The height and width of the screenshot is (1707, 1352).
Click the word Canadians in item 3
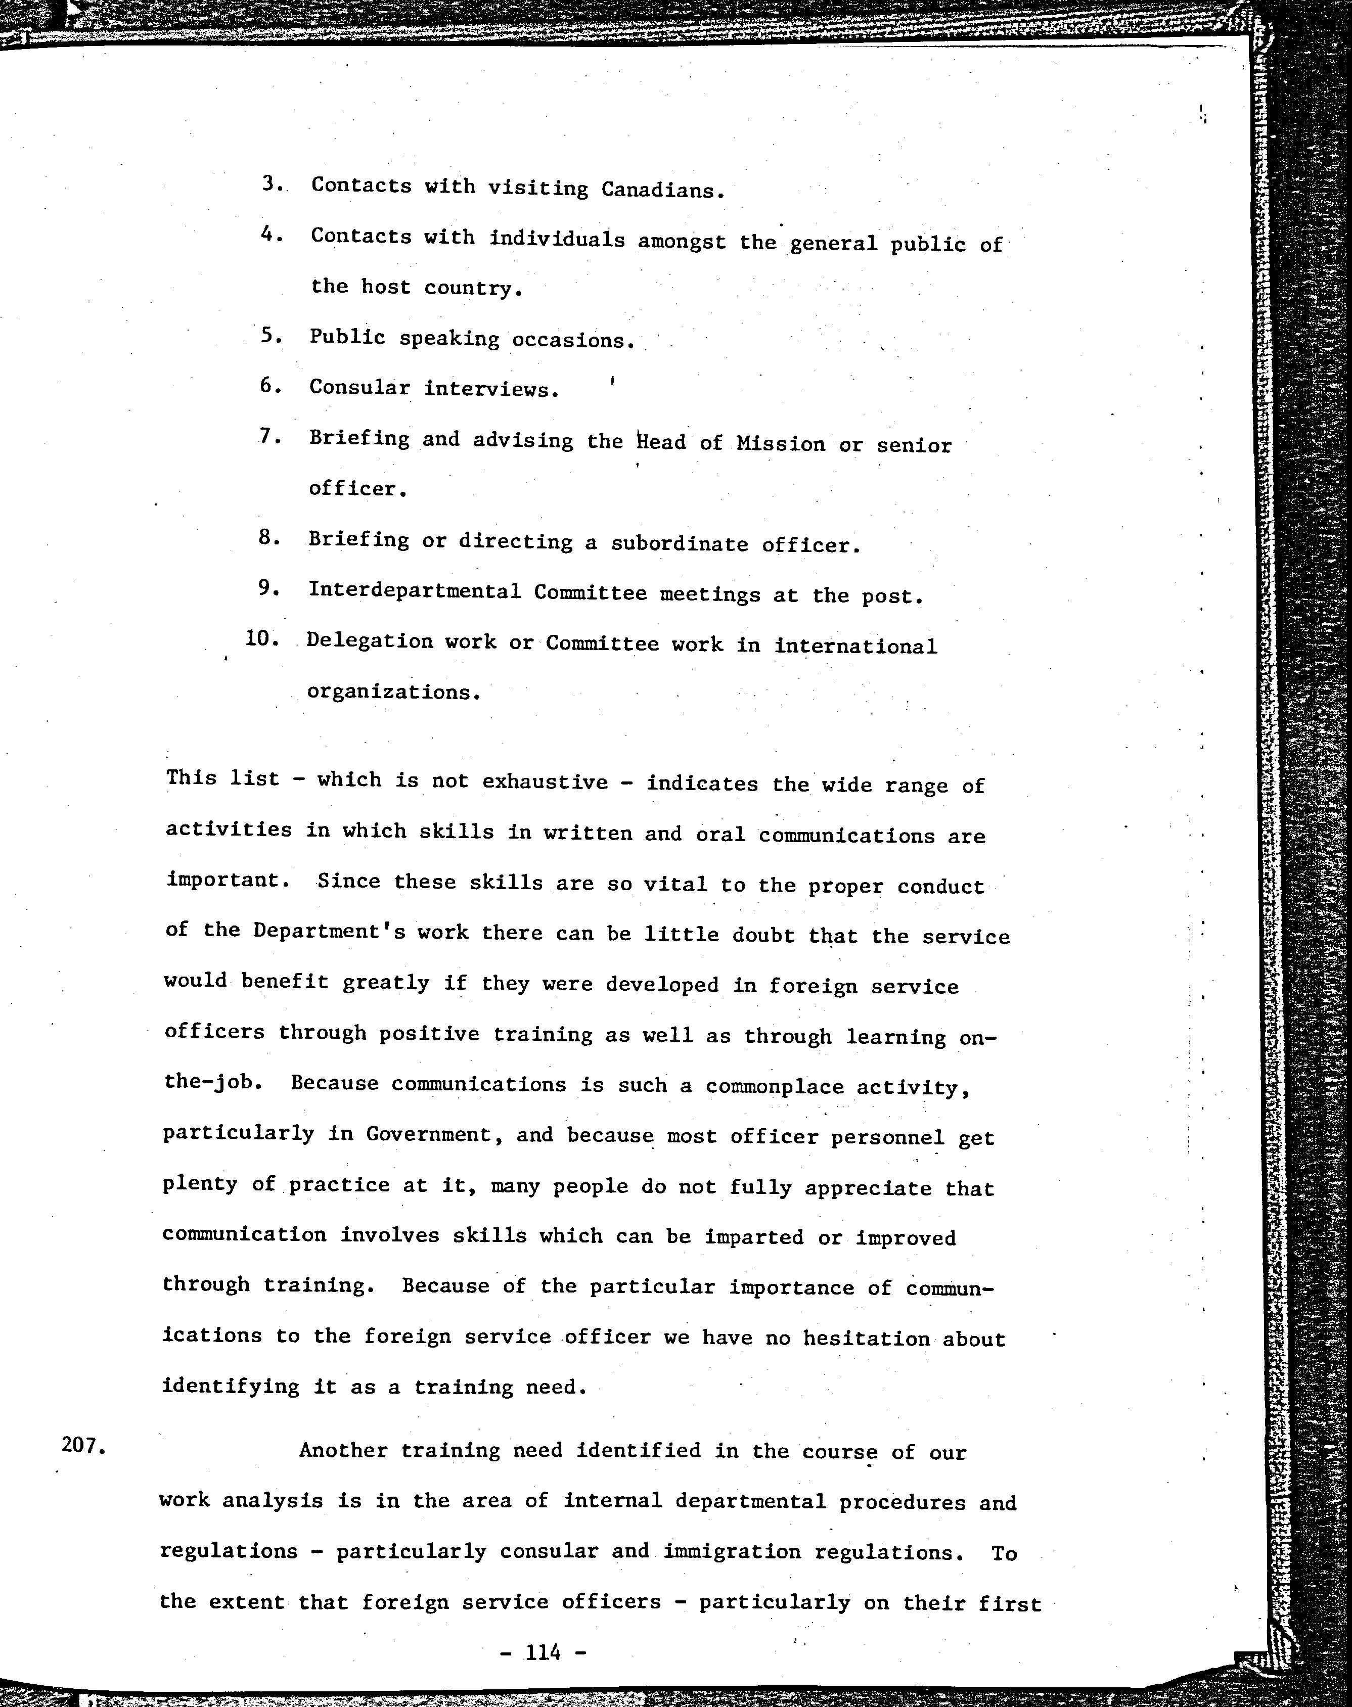coord(662,190)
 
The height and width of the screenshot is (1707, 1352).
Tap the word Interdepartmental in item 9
coord(415,591)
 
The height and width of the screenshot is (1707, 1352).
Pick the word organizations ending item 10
coord(393,693)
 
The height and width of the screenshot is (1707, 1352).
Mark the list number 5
coord(271,336)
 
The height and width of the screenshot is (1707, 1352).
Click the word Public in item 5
coord(347,337)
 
